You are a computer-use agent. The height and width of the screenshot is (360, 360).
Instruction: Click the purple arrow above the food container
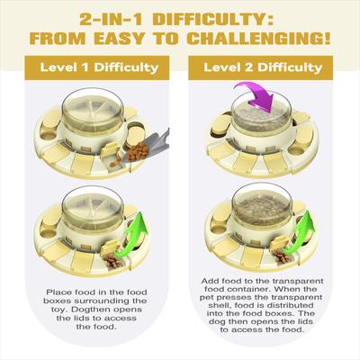[258, 96]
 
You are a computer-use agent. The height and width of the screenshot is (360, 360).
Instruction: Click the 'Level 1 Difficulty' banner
[97, 67]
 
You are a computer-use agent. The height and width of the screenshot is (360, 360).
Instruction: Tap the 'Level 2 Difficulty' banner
[261, 67]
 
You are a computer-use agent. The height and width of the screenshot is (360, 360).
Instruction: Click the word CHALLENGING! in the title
[258, 38]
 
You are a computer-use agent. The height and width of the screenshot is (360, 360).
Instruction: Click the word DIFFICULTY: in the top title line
[213, 20]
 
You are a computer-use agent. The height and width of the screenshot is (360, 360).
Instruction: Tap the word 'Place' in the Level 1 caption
[59, 292]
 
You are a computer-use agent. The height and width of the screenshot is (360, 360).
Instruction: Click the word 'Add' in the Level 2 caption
[210, 281]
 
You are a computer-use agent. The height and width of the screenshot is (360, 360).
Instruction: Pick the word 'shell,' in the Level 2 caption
[218, 306]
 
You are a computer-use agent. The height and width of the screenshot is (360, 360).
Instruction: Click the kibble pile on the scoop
[138, 151]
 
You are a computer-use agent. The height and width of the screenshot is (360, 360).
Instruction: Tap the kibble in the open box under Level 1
[113, 261]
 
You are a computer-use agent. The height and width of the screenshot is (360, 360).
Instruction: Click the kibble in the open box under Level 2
[281, 256]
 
